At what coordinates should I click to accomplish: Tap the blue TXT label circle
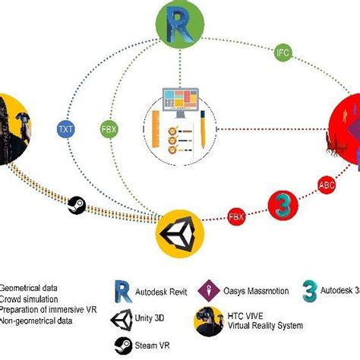tap(66, 128)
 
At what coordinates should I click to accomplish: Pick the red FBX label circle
tap(235, 217)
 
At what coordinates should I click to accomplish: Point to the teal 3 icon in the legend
tap(309, 289)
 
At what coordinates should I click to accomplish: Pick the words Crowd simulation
tap(29, 299)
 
